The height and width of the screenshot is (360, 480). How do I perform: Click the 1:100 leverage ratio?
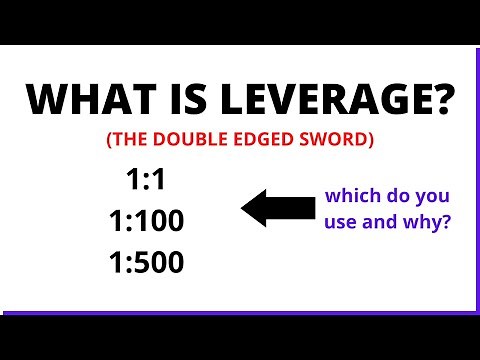pyautogui.click(x=145, y=220)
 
